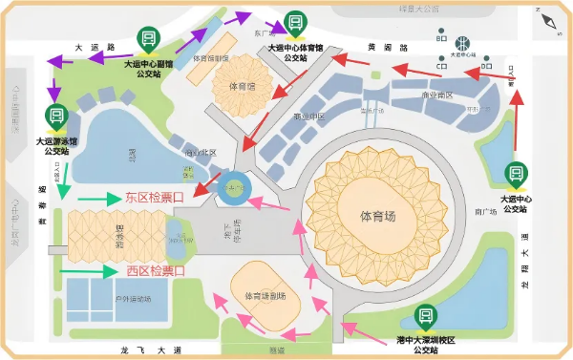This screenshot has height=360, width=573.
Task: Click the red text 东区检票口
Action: (155, 199)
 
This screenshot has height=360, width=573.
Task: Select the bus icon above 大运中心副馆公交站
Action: (148, 39)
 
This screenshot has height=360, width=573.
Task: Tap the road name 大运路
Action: (95, 46)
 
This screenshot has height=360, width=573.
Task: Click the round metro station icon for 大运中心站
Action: (461, 43)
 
